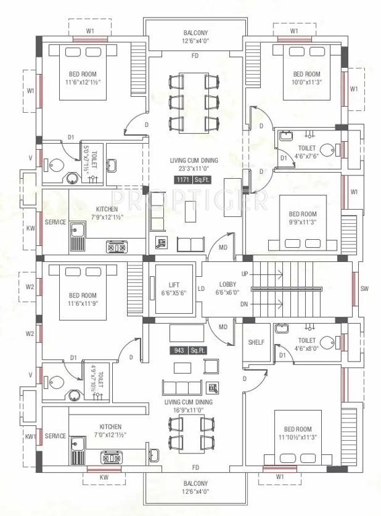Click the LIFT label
tap(173, 285)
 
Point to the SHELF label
tap(256, 342)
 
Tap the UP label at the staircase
tap(244, 274)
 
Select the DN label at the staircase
tap(244, 304)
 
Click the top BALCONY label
tap(196, 33)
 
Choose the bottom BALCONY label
tap(196, 483)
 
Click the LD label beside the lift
tap(201, 290)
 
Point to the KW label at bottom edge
tap(103, 478)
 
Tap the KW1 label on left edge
tap(30, 436)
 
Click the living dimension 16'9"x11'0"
tap(192, 411)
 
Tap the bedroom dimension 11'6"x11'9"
tap(83, 304)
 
